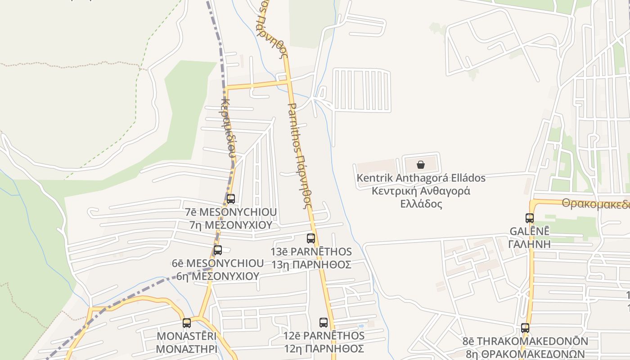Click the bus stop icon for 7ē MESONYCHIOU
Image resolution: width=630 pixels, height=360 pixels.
231,198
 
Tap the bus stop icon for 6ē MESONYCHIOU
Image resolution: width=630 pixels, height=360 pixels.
218,250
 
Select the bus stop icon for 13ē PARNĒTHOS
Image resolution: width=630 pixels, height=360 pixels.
311,238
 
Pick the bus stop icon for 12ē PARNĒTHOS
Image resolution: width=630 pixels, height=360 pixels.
324,322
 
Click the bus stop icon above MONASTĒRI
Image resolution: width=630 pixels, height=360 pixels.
187,323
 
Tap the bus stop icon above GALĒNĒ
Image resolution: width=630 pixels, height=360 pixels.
530,218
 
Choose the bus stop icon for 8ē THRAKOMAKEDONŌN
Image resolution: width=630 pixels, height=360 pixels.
525,328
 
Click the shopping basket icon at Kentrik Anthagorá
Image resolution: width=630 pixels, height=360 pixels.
421,165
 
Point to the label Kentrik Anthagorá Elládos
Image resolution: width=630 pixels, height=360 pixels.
421,178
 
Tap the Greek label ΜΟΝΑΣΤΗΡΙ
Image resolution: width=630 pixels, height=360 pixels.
187,349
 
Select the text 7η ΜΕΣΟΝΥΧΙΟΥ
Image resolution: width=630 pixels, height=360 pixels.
231,225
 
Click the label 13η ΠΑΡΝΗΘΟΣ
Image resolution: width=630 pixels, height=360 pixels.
311,265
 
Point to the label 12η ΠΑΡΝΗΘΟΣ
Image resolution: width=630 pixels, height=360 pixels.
324,348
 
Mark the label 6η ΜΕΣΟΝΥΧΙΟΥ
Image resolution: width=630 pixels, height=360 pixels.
218,276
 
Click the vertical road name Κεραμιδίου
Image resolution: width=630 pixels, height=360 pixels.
228,128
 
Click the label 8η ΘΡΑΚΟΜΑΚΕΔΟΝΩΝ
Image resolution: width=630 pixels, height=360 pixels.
525,354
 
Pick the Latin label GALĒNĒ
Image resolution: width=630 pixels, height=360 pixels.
530,231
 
